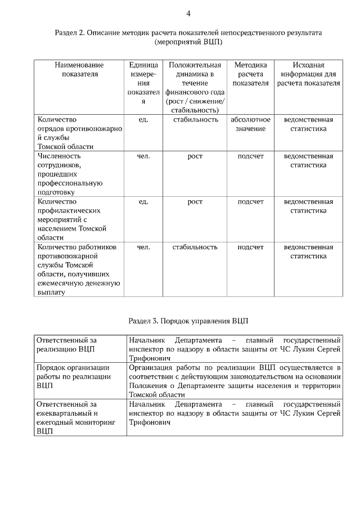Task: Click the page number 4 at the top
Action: click(188, 13)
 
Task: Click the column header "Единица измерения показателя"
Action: click(143, 83)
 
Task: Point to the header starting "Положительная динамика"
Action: click(195, 88)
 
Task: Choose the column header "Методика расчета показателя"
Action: click(250, 74)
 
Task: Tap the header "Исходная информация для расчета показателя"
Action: click(308, 74)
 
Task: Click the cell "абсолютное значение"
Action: click(250, 124)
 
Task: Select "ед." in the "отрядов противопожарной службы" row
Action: click(143, 120)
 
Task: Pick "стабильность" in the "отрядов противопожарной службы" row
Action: click(195, 120)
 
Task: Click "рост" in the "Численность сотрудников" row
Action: click(195, 156)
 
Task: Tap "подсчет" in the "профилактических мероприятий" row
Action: click(250, 201)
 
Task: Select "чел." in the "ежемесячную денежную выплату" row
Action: click(143, 247)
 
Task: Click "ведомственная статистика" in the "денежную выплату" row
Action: click(308, 251)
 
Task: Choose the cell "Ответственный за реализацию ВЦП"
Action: click(66, 345)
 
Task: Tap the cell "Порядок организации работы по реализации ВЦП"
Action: click(73, 377)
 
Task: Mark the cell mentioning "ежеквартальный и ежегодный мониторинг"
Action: click(75, 418)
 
